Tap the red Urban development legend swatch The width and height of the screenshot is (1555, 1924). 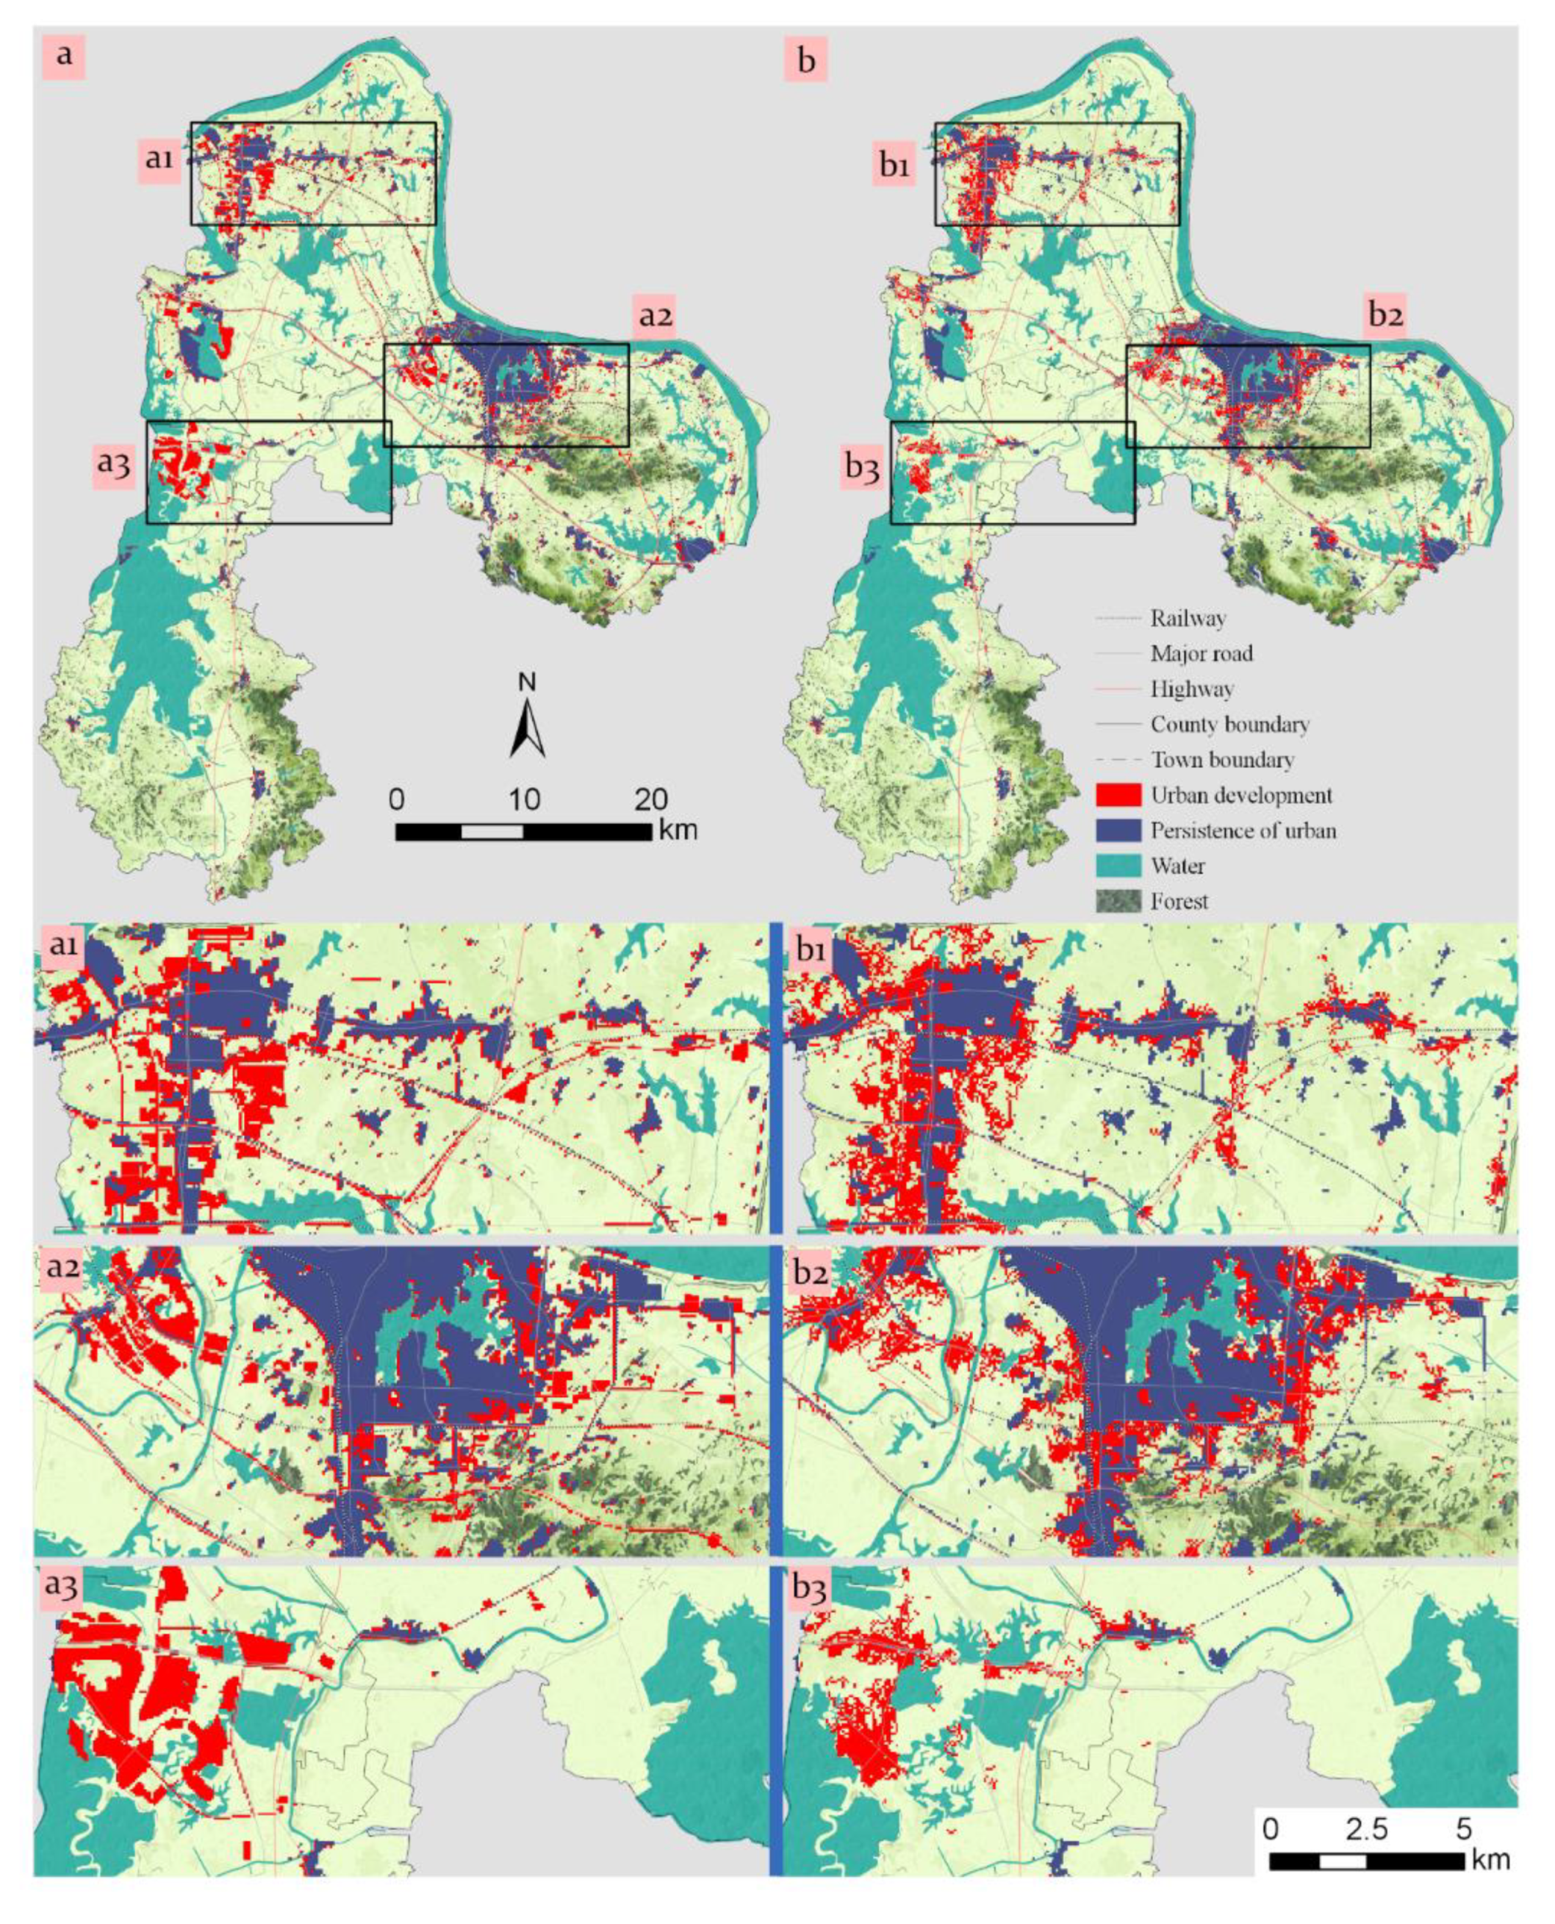pyautogui.click(x=1118, y=794)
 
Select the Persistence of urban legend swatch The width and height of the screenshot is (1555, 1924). pyautogui.click(x=1118, y=830)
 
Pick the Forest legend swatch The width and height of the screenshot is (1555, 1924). pyautogui.click(x=1118, y=901)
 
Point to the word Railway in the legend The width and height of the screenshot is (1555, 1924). pyautogui.click(x=1188, y=618)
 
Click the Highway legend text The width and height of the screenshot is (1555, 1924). pyautogui.click(x=1191, y=689)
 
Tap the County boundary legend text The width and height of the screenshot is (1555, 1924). pyautogui.click(x=1229, y=724)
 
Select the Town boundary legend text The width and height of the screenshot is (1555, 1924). pyautogui.click(x=1222, y=760)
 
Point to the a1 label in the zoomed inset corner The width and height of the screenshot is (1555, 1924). pyautogui.click(x=62, y=946)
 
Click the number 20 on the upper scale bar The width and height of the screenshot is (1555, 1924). pyautogui.click(x=650, y=798)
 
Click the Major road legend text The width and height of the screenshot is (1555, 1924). pyautogui.click(x=1202, y=653)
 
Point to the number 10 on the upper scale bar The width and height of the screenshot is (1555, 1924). pyautogui.click(x=524, y=798)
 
